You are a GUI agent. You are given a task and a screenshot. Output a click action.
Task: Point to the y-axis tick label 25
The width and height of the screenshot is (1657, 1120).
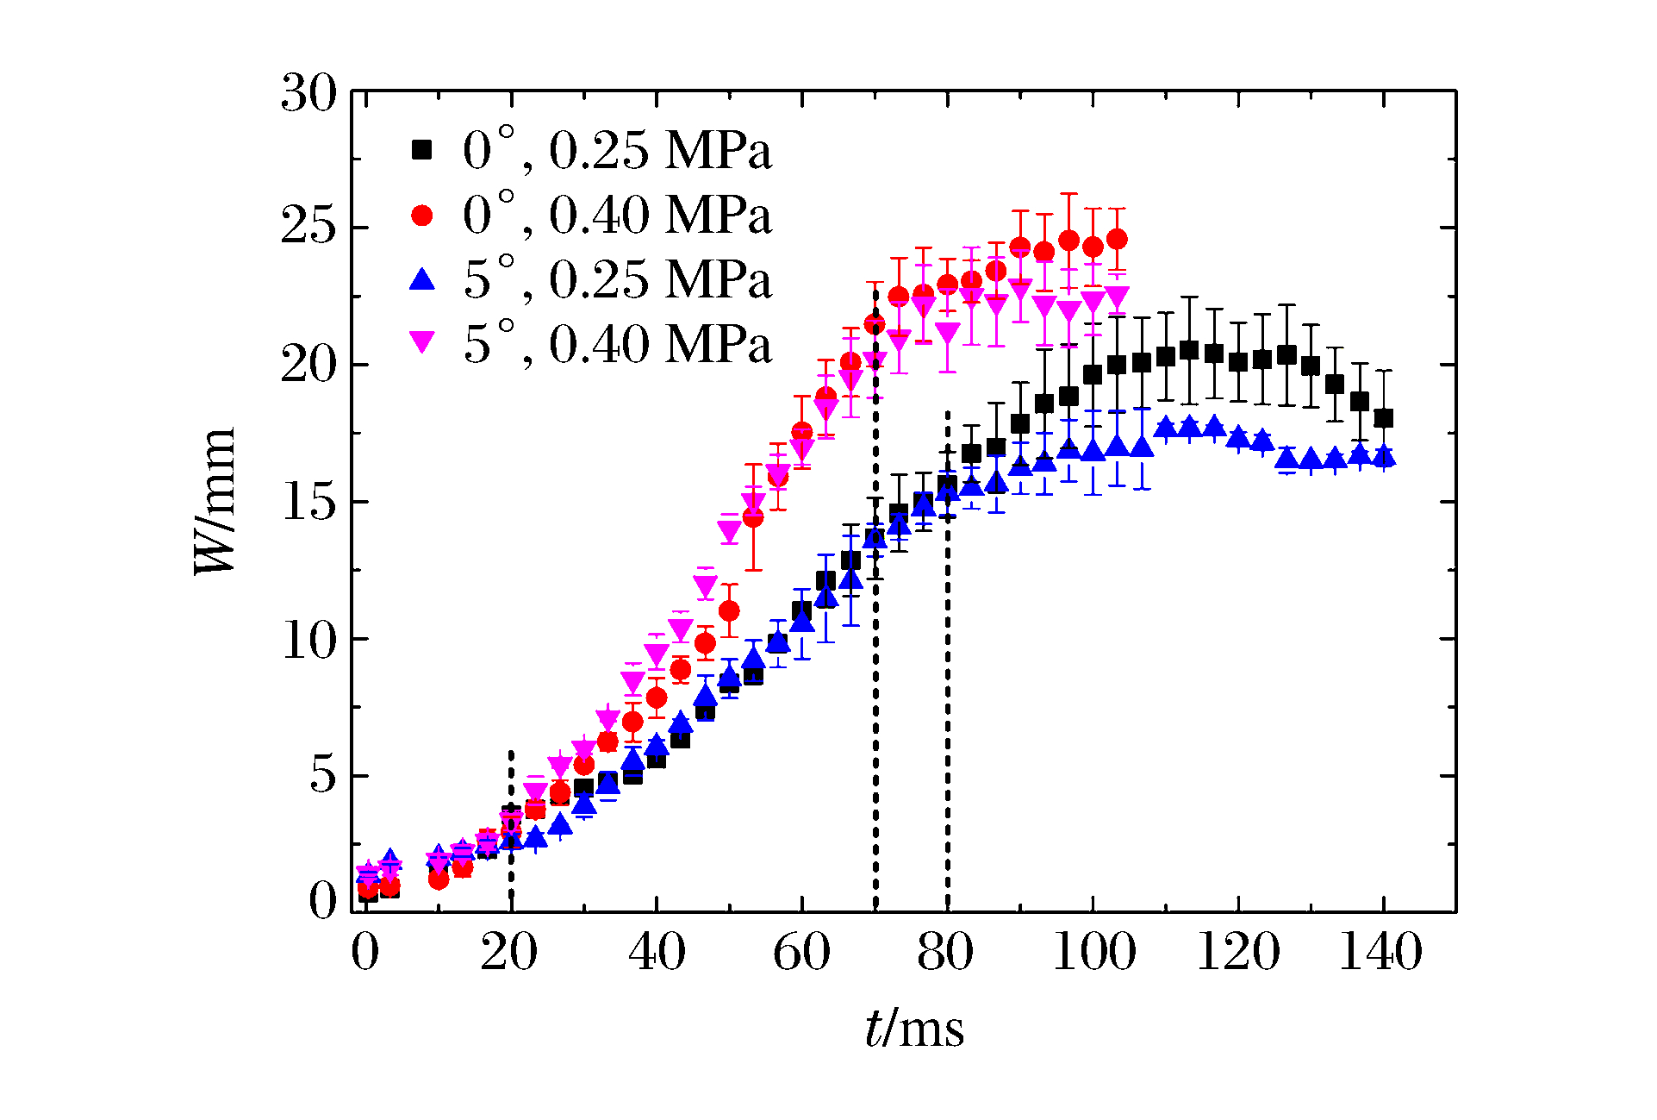(x=308, y=228)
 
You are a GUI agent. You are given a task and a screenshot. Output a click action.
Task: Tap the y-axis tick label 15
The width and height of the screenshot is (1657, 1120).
(x=308, y=502)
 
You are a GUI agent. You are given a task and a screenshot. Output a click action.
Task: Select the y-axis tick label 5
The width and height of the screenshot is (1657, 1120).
(x=322, y=775)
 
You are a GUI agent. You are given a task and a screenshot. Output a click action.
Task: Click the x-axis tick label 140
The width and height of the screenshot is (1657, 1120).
(x=1380, y=953)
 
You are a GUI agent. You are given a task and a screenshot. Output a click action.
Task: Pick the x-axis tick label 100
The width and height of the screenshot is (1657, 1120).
(x=1093, y=953)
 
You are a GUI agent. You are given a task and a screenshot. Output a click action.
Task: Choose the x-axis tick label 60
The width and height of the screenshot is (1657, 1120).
(x=801, y=953)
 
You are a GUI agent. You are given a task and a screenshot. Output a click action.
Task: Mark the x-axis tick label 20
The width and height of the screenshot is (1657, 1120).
(x=509, y=953)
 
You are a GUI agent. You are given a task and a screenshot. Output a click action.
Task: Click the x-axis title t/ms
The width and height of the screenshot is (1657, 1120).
(x=914, y=1029)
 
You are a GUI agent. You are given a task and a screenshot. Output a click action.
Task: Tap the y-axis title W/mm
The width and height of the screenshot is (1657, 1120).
(x=215, y=501)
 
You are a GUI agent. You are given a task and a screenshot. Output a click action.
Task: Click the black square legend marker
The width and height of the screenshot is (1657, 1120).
(x=421, y=150)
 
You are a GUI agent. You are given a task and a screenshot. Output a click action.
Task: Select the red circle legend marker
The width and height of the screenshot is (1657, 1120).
(x=421, y=215)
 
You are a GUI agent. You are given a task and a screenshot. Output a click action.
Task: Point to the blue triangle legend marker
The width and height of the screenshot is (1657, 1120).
(x=421, y=278)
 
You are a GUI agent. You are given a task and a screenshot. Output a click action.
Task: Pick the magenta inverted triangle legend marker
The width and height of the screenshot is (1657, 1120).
(x=421, y=343)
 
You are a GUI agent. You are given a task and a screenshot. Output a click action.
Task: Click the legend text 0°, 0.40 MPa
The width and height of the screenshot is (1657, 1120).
(x=617, y=215)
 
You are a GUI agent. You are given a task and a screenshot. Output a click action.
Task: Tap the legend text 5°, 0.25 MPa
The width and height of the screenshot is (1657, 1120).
(x=617, y=279)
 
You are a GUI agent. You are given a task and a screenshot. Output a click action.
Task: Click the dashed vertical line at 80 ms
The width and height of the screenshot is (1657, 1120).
(x=948, y=690)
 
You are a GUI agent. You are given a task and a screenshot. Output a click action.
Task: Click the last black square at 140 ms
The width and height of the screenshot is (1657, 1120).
(x=1384, y=418)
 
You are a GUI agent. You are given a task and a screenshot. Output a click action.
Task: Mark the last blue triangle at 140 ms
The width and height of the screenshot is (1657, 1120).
(x=1384, y=456)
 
